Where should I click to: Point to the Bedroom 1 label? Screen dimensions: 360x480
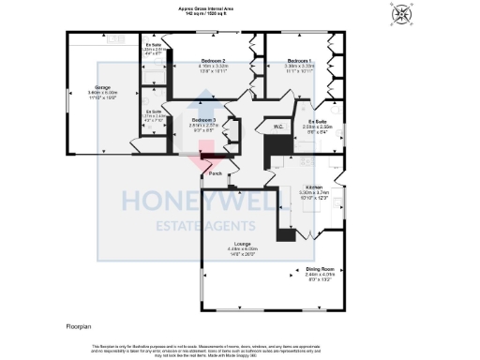click(x=300, y=61)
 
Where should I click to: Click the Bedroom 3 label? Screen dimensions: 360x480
click(x=203, y=120)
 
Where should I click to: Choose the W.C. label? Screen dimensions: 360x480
click(x=278, y=126)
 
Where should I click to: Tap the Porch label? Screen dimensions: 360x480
click(x=215, y=173)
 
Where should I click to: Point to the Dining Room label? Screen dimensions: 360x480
click(x=320, y=269)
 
